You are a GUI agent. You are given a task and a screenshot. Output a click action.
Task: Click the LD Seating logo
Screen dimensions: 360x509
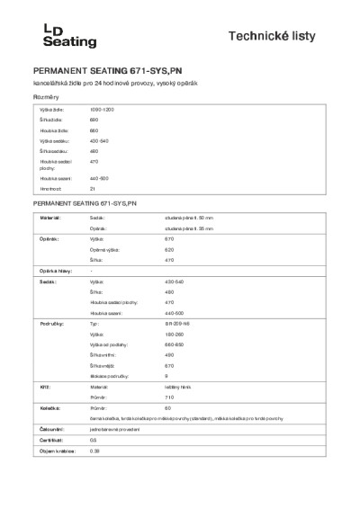(52, 35)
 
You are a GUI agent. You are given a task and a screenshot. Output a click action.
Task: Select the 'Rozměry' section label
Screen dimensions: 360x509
(46, 96)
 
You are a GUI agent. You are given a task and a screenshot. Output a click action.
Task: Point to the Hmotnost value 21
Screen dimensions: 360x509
(93, 189)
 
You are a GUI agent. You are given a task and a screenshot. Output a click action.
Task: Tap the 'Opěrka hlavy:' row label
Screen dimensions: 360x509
(54, 271)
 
